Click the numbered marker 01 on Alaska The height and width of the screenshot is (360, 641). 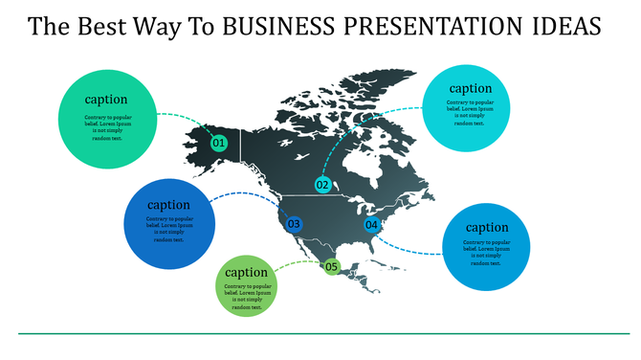click(x=219, y=143)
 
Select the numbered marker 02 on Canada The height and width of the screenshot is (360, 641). click(x=322, y=185)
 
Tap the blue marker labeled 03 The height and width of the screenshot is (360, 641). click(x=294, y=224)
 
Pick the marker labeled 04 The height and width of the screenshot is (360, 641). click(x=372, y=225)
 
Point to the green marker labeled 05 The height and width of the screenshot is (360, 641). click(x=332, y=266)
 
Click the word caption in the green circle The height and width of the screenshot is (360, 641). click(x=106, y=99)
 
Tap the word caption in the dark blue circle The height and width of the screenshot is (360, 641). click(x=169, y=204)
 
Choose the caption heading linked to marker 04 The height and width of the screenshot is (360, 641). click(x=487, y=227)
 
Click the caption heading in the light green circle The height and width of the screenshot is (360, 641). click(x=246, y=272)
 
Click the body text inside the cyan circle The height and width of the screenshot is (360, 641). click(x=470, y=112)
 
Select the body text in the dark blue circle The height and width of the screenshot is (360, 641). click(x=169, y=229)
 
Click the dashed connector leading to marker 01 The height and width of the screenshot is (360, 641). click(x=182, y=117)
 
